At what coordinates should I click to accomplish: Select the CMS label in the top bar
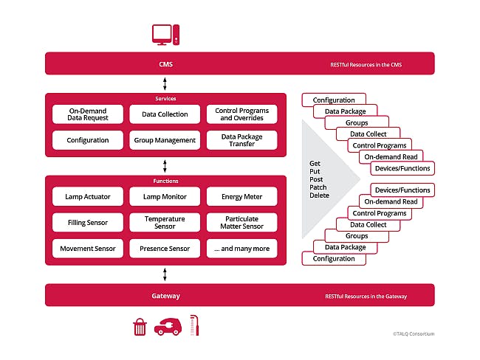tap(165, 64)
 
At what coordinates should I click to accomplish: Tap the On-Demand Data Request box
tap(88, 114)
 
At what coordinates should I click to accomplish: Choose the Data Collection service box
tap(164, 114)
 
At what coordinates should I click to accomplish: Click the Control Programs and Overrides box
tap(241, 114)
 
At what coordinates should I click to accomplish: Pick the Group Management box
tap(164, 140)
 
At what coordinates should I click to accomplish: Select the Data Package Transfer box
tap(241, 140)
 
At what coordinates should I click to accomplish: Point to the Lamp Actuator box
tap(88, 196)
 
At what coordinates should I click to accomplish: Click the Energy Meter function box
tap(241, 196)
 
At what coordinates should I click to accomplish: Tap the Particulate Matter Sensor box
tap(241, 222)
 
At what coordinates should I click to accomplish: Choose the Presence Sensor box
tap(164, 249)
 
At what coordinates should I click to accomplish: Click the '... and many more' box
tap(241, 249)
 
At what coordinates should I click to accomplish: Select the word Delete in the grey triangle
tap(319, 196)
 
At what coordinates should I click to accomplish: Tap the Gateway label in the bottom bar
tap(165, 296)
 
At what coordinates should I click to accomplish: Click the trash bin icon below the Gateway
tap(140, 327)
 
